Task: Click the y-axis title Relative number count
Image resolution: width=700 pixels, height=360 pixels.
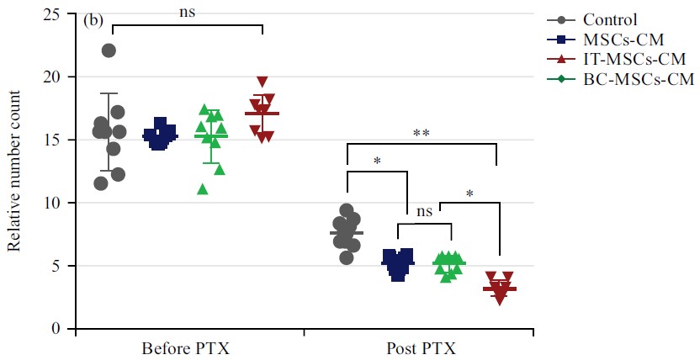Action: [x=14, y=172]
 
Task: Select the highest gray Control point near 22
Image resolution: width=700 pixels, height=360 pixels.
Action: [x=109, y=50]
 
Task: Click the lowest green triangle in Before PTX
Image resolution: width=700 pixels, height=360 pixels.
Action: [x=202, y=188]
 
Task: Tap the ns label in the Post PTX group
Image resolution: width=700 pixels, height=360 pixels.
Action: [x=425, y=213]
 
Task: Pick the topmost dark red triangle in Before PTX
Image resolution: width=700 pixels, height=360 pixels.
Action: [x=262, y=82]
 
